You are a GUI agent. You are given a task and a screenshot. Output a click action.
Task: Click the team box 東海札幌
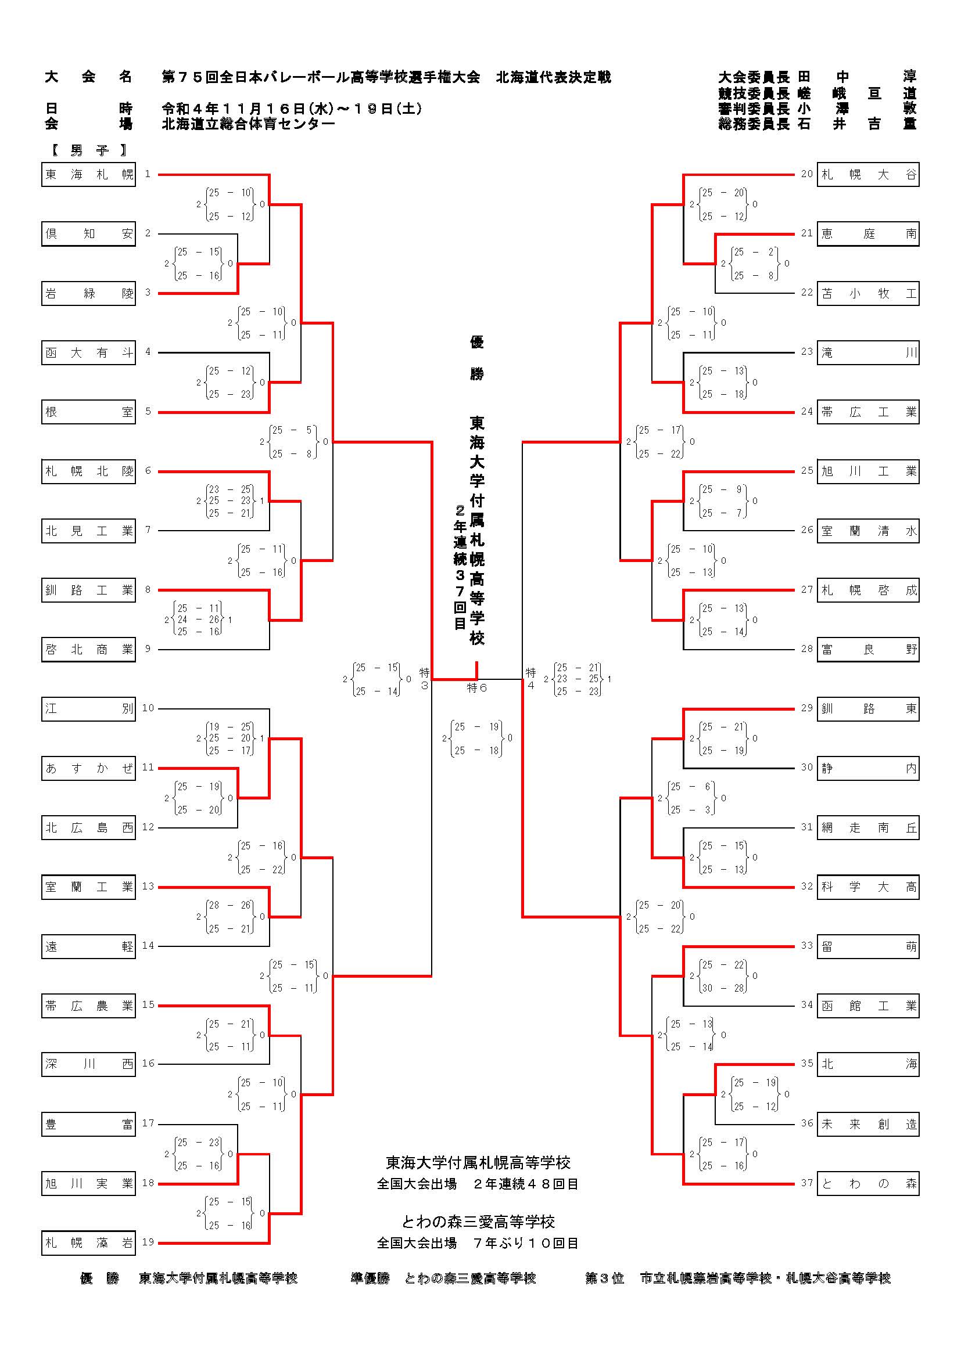pyautogui.click(x=89, y=175)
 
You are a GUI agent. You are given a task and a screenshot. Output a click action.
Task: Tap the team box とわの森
pyautogui.click(x=868, y=1183)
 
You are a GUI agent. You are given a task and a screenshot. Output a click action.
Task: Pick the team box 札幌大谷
pyautogui.click(x=868, y=175)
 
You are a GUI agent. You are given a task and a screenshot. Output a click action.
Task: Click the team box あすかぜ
pyautogui.click(x=89, y=768)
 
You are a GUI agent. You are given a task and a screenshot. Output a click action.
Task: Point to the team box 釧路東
pyautogui.click(x=868, y=708)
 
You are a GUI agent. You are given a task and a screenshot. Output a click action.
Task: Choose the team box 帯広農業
pyautogui.click(x=89, y=1006)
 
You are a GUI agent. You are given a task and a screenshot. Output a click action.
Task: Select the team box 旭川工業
pyautogui.click(x=868, y=471)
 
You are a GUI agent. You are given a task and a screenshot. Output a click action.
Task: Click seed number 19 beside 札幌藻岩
pyautogui.click(x=148, y=1242)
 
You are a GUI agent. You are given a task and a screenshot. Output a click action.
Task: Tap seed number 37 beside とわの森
pyautogui.click(x=807, y=1183)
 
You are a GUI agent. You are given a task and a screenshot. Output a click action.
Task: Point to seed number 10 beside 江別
pyautogui.click(x=148, y=708)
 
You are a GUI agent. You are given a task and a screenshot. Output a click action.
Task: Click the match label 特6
pyautogui.click(x=477, y=688)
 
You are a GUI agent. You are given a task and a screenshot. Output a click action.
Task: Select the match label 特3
pyautogui.click(x=424, y=679)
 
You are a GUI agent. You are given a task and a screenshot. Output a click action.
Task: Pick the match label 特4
pyautogui.click(x=531, y=679)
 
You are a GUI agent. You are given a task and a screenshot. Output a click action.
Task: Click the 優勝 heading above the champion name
pyautogui.click(x=477, y=357)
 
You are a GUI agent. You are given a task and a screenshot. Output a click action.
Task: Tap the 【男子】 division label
pyautogui.click(x=89, y=150)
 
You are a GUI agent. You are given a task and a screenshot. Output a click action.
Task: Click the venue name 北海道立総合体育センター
pyautogui.click(x=249, y=124)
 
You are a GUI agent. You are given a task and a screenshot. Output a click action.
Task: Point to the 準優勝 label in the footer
pyautogui.click(x=370, y=1278)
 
